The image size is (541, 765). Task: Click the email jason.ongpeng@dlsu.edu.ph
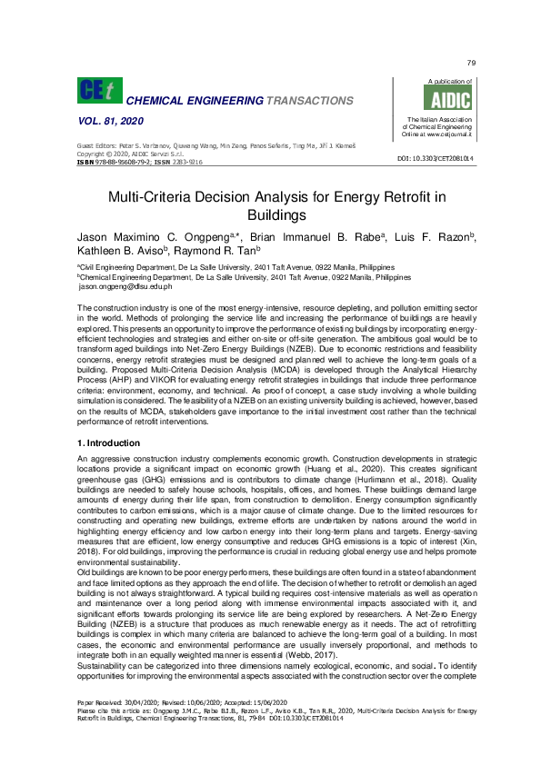pos(125,285)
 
